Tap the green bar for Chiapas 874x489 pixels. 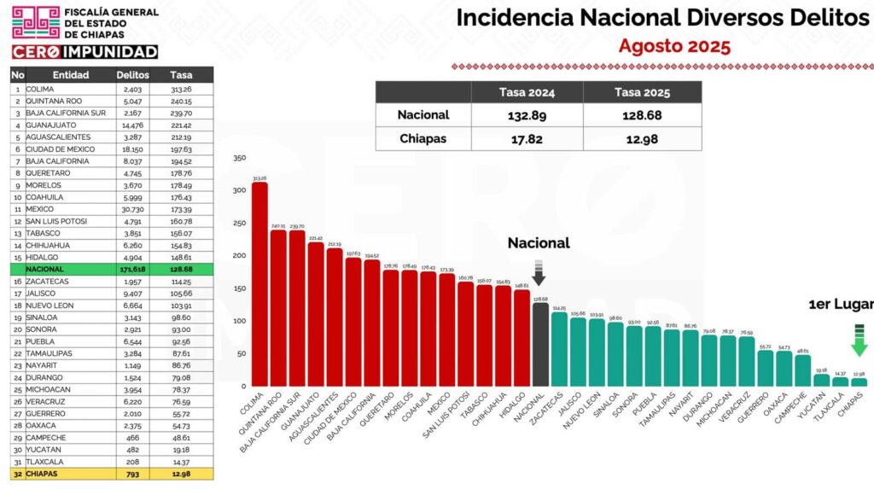point(859,382)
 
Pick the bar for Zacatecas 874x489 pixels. point(559,349)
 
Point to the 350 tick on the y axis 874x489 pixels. point(239,158)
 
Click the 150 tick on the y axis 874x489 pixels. point(239,288)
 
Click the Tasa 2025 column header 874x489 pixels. point(643,92)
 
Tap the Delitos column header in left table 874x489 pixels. point(132,75)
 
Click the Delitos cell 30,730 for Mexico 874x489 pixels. point(132,209)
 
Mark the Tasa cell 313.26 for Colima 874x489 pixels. point(181,89)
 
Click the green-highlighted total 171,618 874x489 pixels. point(132,269)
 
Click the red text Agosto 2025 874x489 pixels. point(674,46)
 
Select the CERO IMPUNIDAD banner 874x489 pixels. point(84,51)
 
